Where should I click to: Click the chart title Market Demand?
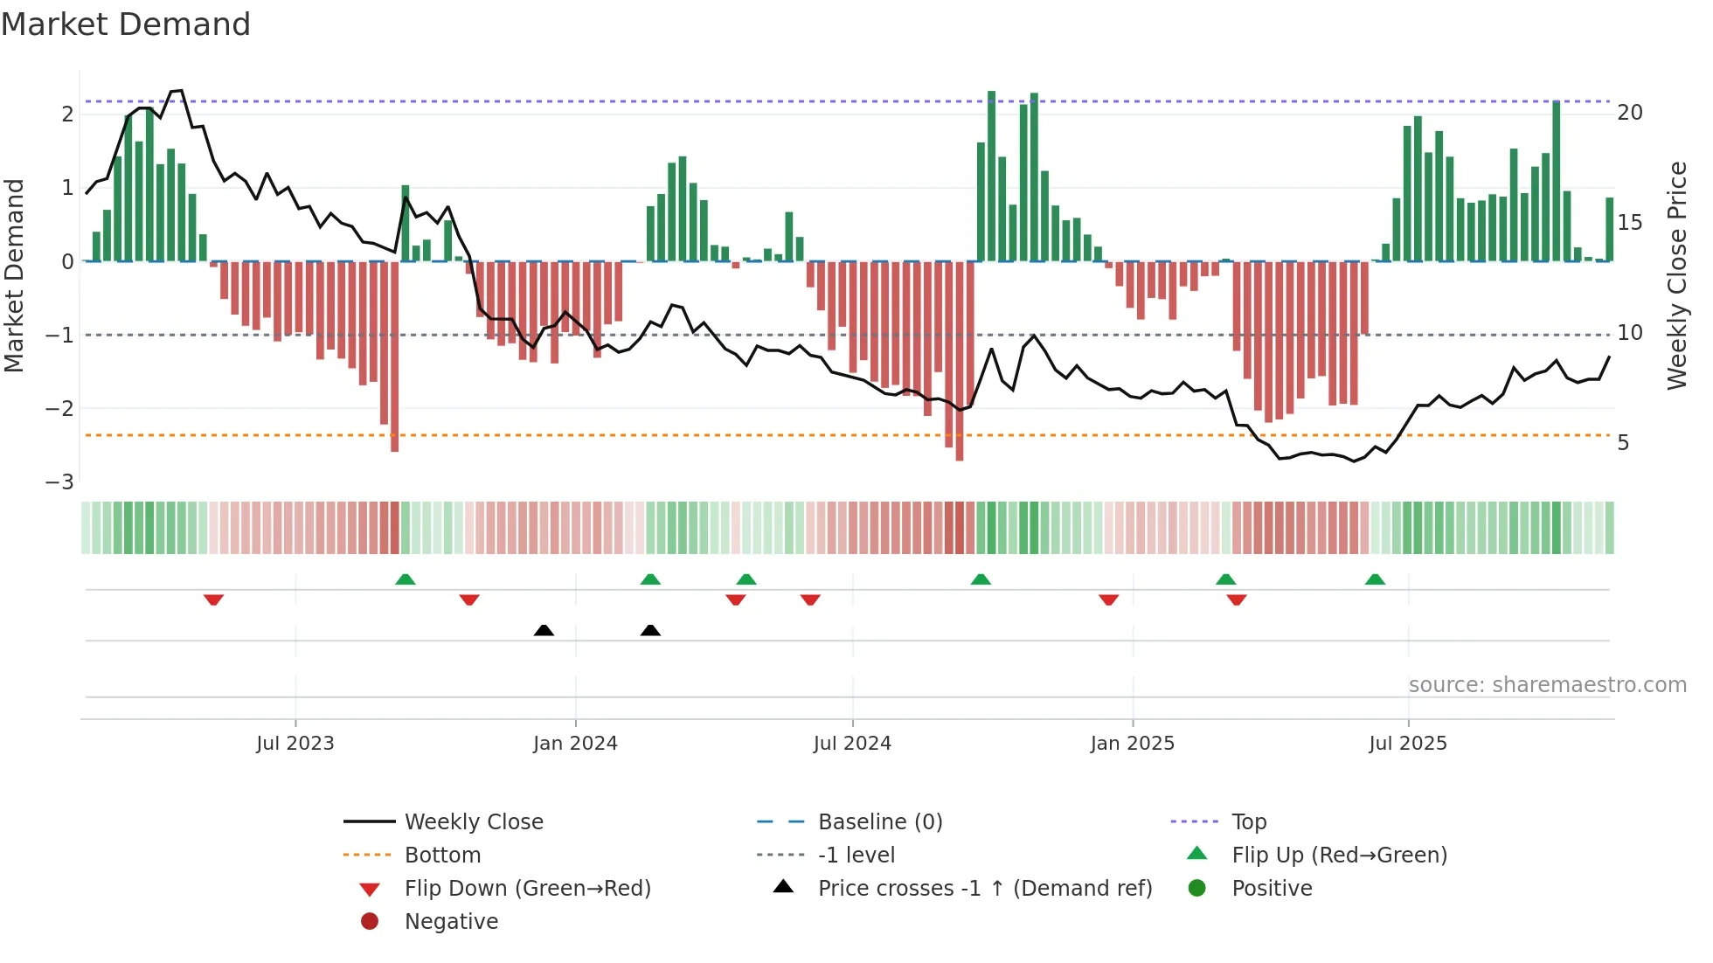(126, 24)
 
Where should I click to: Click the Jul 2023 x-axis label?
(295, 744)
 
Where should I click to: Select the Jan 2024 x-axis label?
(575, 744)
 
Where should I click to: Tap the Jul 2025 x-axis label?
(1408, 744)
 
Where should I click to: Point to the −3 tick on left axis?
(59, 482)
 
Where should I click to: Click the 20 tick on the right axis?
(1630, 113)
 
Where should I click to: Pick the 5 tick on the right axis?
(1623, 443)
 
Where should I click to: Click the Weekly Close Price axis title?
(1677, 275)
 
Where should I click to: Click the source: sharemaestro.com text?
(1547, 685)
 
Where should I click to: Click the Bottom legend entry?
(442, 856)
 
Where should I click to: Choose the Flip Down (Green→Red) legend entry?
(527, 889)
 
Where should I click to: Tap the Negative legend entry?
(451, 922)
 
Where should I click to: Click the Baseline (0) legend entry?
(879, 822)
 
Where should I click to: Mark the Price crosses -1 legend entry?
(984, 889)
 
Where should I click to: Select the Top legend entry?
(1249, 822)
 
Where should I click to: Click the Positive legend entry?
(1272, 889)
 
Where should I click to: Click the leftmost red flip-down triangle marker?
(213, 599)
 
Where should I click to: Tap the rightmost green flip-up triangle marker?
(1375, 579)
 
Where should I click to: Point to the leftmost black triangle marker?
(544, 630)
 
